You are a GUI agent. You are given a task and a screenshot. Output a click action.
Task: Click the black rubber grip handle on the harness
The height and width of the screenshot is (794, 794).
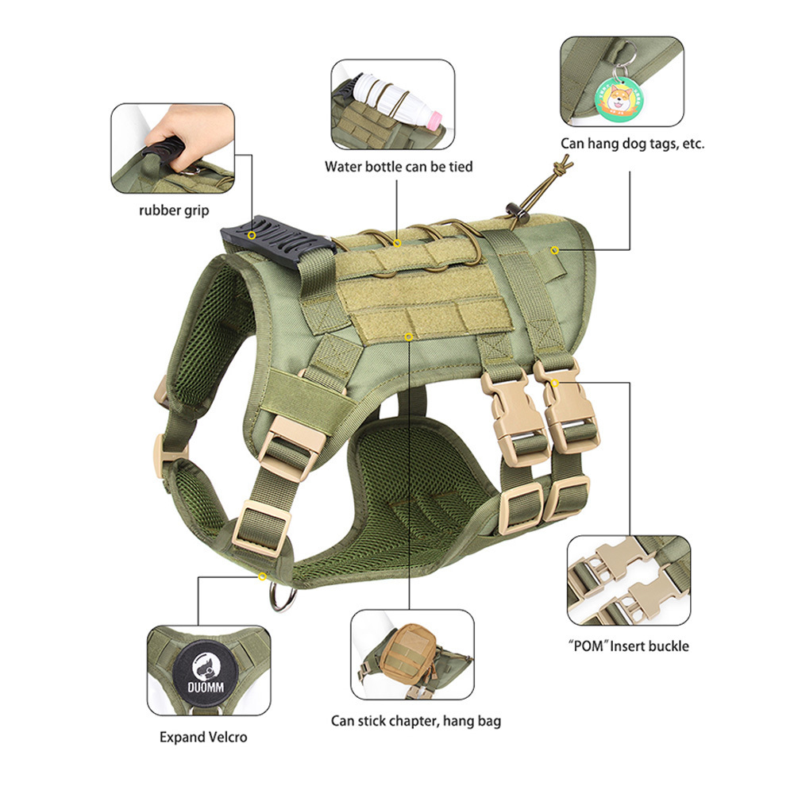(279, 243)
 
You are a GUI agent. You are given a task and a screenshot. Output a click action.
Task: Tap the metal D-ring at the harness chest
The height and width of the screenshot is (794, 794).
(283, 598)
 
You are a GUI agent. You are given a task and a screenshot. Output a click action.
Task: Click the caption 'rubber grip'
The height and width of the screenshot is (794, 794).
(174, 210)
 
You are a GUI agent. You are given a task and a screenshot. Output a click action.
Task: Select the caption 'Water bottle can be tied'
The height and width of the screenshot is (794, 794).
(399, 167)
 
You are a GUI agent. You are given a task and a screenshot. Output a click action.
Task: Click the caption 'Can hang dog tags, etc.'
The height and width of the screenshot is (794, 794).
(633, 144)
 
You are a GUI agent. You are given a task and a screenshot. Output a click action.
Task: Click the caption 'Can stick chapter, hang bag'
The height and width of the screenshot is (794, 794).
(416, 721)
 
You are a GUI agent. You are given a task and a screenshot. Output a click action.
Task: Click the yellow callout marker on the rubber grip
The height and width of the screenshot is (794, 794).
(252, 236)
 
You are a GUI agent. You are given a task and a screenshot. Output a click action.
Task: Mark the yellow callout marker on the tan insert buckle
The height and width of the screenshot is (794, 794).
(555, 384)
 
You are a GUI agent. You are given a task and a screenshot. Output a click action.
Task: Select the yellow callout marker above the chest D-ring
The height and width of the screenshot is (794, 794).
(262, 576)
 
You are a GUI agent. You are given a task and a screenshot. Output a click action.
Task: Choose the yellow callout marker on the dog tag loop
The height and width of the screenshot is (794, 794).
(555, 250)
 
